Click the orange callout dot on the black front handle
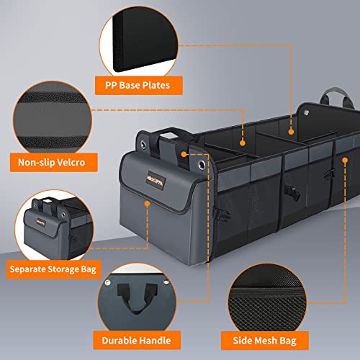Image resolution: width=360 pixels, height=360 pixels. coord(184,153)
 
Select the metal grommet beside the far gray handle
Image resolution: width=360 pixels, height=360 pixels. coord(305,111)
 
